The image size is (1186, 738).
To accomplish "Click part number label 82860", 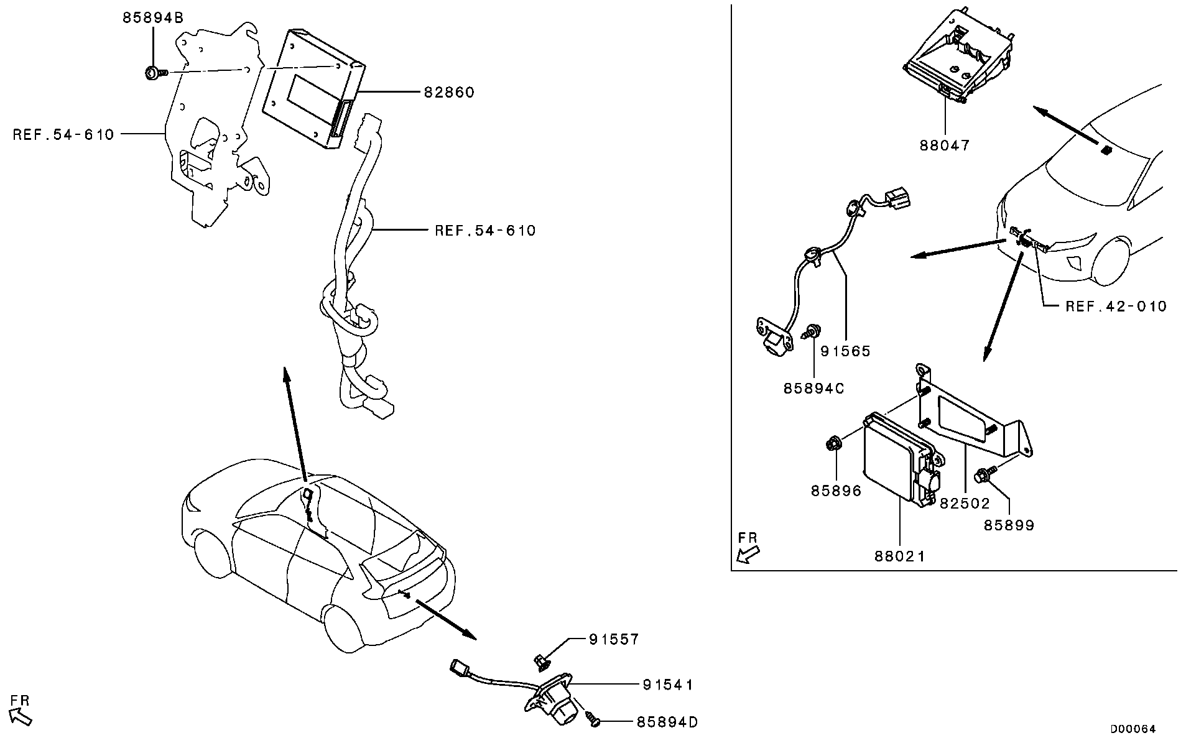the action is click(449, 93).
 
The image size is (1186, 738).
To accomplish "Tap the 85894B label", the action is click(153, 19).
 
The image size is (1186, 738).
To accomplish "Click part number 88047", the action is click(945, 145).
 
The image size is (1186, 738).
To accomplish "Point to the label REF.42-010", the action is click(1116, 307).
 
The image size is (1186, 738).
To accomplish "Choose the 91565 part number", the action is click(845, 351).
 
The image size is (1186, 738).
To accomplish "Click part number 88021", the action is click(900, 556).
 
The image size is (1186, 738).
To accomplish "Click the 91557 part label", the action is click(614, 640).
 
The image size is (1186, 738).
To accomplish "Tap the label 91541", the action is click(668, 685).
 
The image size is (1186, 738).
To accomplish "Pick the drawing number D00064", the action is click(1133, 729).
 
